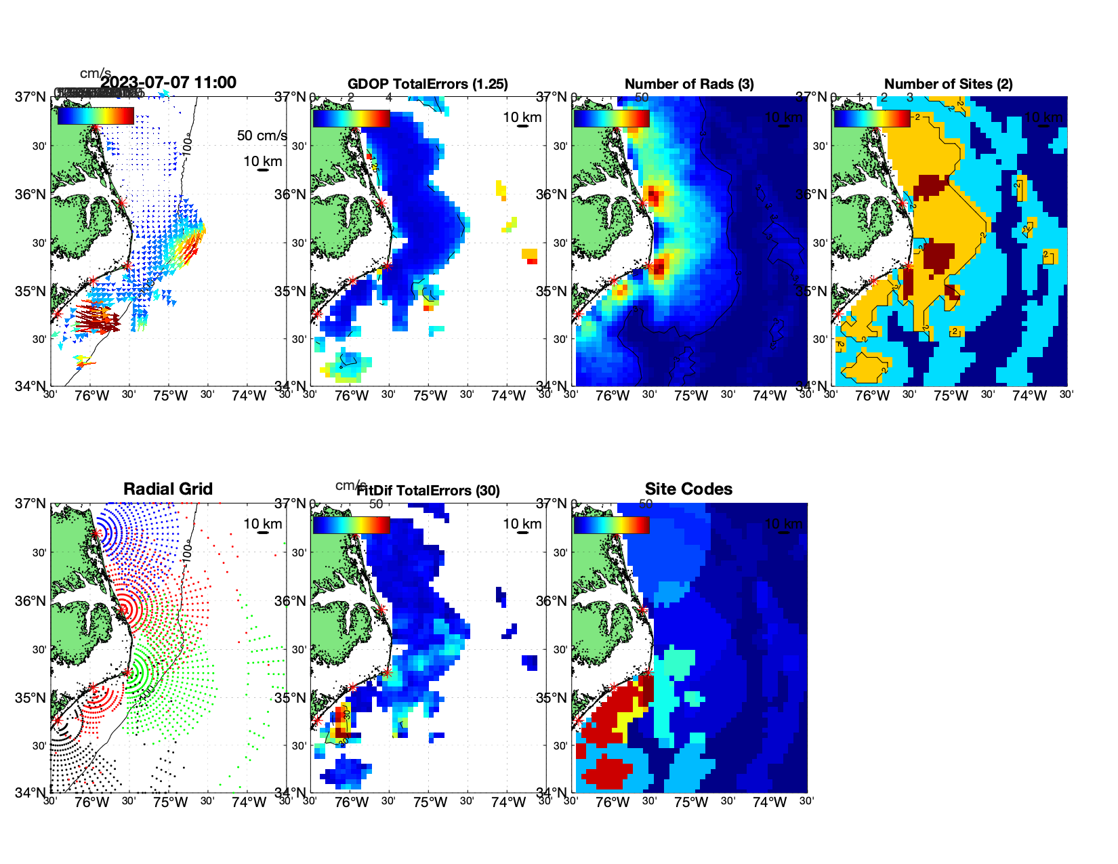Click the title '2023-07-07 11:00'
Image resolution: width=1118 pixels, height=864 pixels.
pyautogui.click(x=169, y=83)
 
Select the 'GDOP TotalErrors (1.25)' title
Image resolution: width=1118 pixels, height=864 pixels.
pyautogui.click(x=428, y=84)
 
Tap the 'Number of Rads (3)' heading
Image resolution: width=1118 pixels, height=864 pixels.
pyautogui.click(x=689, y=84)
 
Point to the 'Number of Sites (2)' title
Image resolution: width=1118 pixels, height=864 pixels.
pyautogui.click(x=948, y=84)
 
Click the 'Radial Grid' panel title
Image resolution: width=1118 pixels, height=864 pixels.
pyautogui.click(x=168, y=489)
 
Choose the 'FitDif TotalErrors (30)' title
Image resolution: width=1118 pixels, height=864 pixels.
pyautogui.click(x=428, y=491)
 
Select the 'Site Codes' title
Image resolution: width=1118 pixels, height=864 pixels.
pyautogui.click(x=688, y=489)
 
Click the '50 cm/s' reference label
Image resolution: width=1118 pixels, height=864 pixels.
pyautogui.click(x=262, y=136)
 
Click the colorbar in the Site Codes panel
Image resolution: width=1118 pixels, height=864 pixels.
pyautogui.click(x=611, y=524)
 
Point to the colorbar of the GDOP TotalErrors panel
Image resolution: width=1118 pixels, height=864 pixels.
pyautogui.click(x=351, y=118)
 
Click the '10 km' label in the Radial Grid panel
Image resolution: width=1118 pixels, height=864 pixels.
pyautogui.click(x=262, y=524)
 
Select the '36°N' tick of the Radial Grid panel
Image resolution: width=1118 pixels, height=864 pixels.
pyautogui.click(x=30, y=601)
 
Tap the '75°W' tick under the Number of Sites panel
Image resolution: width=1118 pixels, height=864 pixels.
pyautogui.click(x=951, y=396)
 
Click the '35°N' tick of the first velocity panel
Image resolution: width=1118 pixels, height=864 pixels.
pyautogui.click(x=30, y=291)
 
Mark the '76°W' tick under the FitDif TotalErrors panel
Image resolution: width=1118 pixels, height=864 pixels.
pyautogui.click(x=352, y=803)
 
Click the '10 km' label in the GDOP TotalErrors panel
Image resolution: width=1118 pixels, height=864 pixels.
pyautogui.click(x=522, y=117)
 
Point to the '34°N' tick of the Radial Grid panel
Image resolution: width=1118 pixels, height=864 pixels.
pyautogui.click(x=30, y=792)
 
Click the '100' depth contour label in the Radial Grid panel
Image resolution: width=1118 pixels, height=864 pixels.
pyautogui.click(x=188, y=551)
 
